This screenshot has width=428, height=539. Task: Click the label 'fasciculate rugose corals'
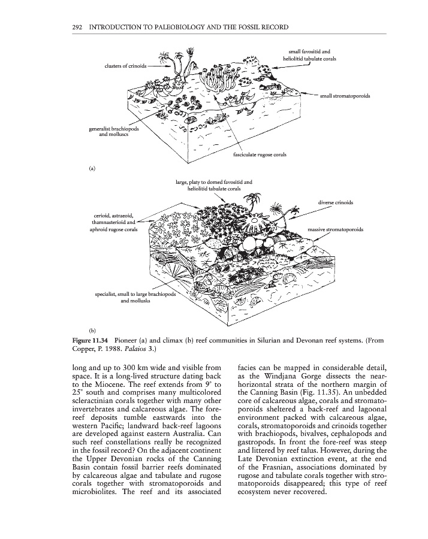tap(258, 155)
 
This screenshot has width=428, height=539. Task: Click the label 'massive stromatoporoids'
tap(337, 229)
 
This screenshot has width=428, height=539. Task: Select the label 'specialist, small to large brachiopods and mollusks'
tap(134, 298)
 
